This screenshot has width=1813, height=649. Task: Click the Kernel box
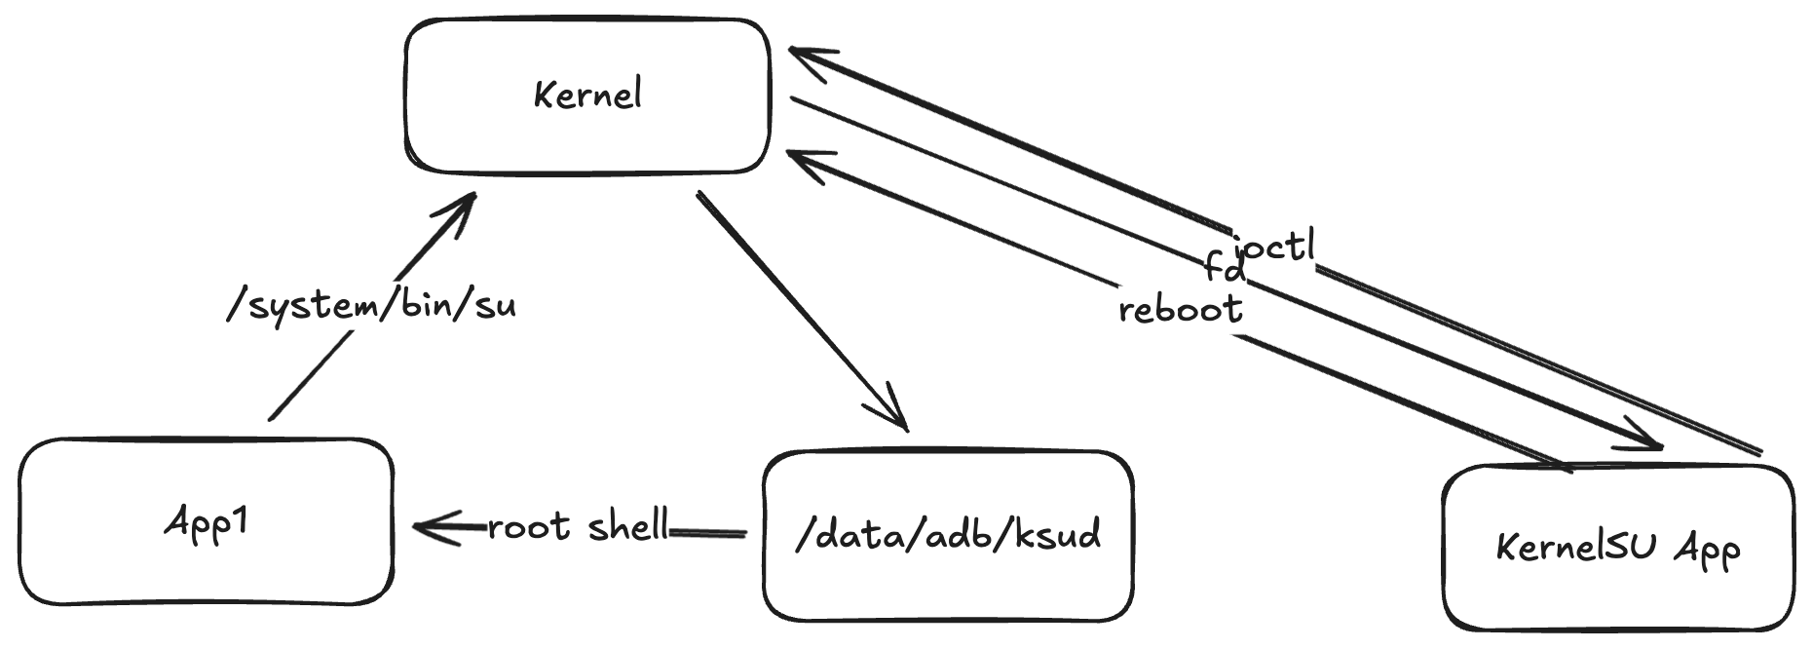click(x=587, y=95)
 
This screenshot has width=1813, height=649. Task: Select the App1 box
click(x=206, y=522)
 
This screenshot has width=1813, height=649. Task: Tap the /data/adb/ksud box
click(x=948, y=535)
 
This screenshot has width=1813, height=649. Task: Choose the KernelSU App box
click(x=1617, y=548)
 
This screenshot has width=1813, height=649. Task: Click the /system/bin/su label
click(x=371, y=306)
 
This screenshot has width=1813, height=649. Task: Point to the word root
click(x=529, y=527)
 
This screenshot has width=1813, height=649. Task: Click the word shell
click(x=628, y=526)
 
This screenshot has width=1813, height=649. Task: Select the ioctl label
click(x=1273, y=246)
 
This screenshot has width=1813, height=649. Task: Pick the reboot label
click(x=1181, y=310)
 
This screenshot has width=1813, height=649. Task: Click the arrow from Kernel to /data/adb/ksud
click(x=799, y=308)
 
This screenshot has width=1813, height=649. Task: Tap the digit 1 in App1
click(x=238, y=520)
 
